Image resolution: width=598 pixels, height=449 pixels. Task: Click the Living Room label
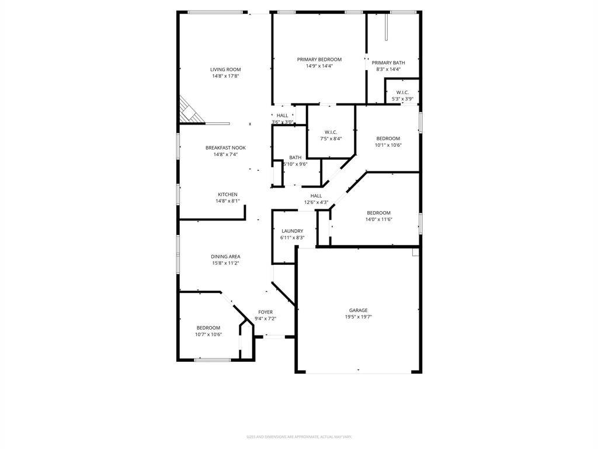click(x=225, y=70)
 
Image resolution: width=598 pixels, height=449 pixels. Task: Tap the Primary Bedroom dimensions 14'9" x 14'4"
click(x=319, y=66)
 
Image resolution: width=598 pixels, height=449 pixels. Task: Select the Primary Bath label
click(x=388, y=63)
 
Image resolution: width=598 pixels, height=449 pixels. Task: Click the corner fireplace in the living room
click(x=189, y=111)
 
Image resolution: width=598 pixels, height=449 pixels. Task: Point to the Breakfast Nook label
click(x=225, y=148)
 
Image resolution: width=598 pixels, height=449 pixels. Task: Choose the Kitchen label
click(x=228, y=195)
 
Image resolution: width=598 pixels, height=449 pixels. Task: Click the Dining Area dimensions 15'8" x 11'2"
click(x=225, y=263)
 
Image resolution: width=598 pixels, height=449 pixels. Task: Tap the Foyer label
click(x=265, y=312)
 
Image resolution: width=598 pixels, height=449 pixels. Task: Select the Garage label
click(x=359, y=310)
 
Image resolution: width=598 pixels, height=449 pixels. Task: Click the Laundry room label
click(x=292, y=231)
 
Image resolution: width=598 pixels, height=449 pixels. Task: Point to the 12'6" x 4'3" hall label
click(x=316, y=202)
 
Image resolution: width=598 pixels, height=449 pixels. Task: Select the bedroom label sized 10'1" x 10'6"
click(x=388, y=139)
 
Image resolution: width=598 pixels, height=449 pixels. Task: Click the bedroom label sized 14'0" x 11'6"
click(x=378, y=213)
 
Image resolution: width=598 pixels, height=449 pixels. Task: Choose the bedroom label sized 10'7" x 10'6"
click(x=208, y=328)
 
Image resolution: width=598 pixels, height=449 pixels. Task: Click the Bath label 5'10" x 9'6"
click(x=295, y=157)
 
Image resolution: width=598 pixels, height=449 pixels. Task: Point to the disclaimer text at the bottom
click(x=299, y=437)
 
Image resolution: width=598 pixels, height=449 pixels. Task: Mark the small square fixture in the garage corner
click(x=415, y=252)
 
